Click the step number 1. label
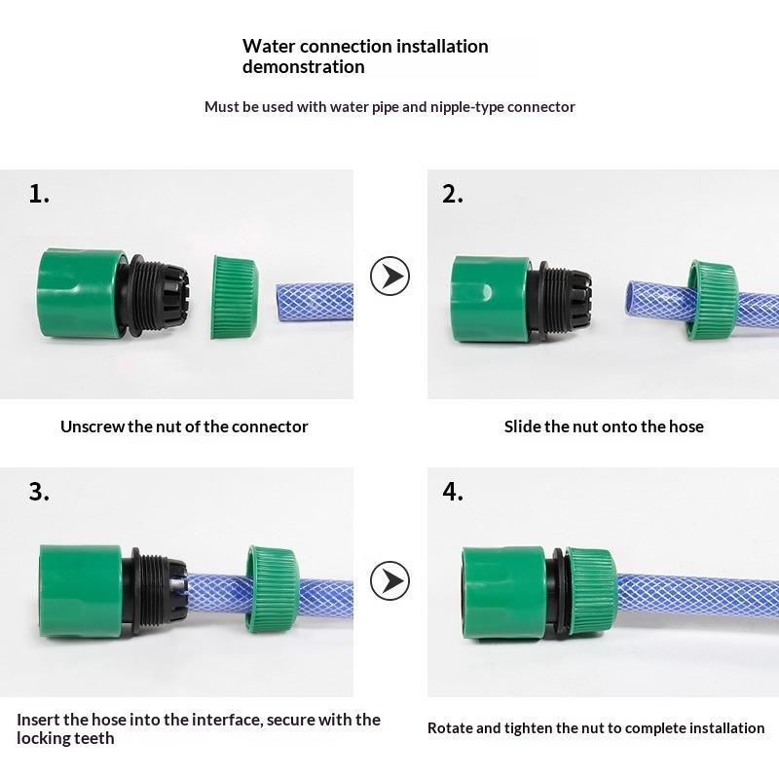click(39, 194)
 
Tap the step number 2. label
click(453, 194)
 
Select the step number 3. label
click(39, 492)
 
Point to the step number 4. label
click(453, 492)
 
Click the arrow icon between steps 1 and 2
click(389, 277)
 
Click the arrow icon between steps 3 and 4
click(389, 581)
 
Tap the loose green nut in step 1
click(234, 296)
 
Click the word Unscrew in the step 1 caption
click(93, 427)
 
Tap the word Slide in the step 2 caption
click(523, 427)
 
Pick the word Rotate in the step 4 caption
click(450, 728)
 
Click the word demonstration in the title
click(304, 67)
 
